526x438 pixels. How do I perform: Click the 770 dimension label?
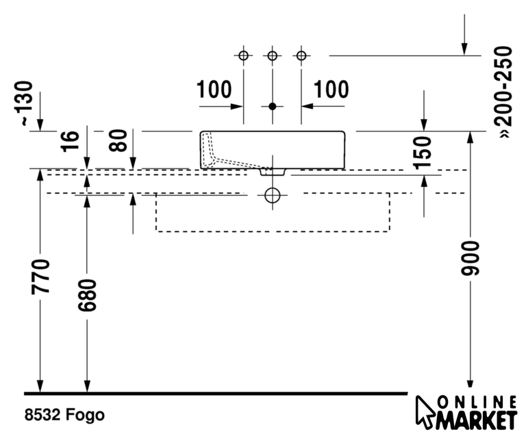pyautogui.click(x=42, y=276)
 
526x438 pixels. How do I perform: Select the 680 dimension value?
pyautogui.click(x=88, y=294)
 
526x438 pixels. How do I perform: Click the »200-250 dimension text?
pyautogui.click(x=504, y=92)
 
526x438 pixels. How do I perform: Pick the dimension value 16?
pyautogui.click(x=71, y=140)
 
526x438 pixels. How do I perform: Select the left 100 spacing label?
pyautogui.click(x=214, y=90)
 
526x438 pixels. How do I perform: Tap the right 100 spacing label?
pyautogui.click(x=331, y=90)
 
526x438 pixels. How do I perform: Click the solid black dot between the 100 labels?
pyautogui.click(x=273, y=106)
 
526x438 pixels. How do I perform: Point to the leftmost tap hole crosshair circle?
pyautogui.click(x=243, y=55)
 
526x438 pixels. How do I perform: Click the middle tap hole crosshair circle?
pyautogui.click(x=273, y=55)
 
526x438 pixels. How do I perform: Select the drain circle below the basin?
pyautogui.click(x=273, y=195)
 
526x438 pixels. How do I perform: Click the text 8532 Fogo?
pyautogui.click(x=64, y=415)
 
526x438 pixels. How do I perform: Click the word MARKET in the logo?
pyautogui.click(x=478, y=418)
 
